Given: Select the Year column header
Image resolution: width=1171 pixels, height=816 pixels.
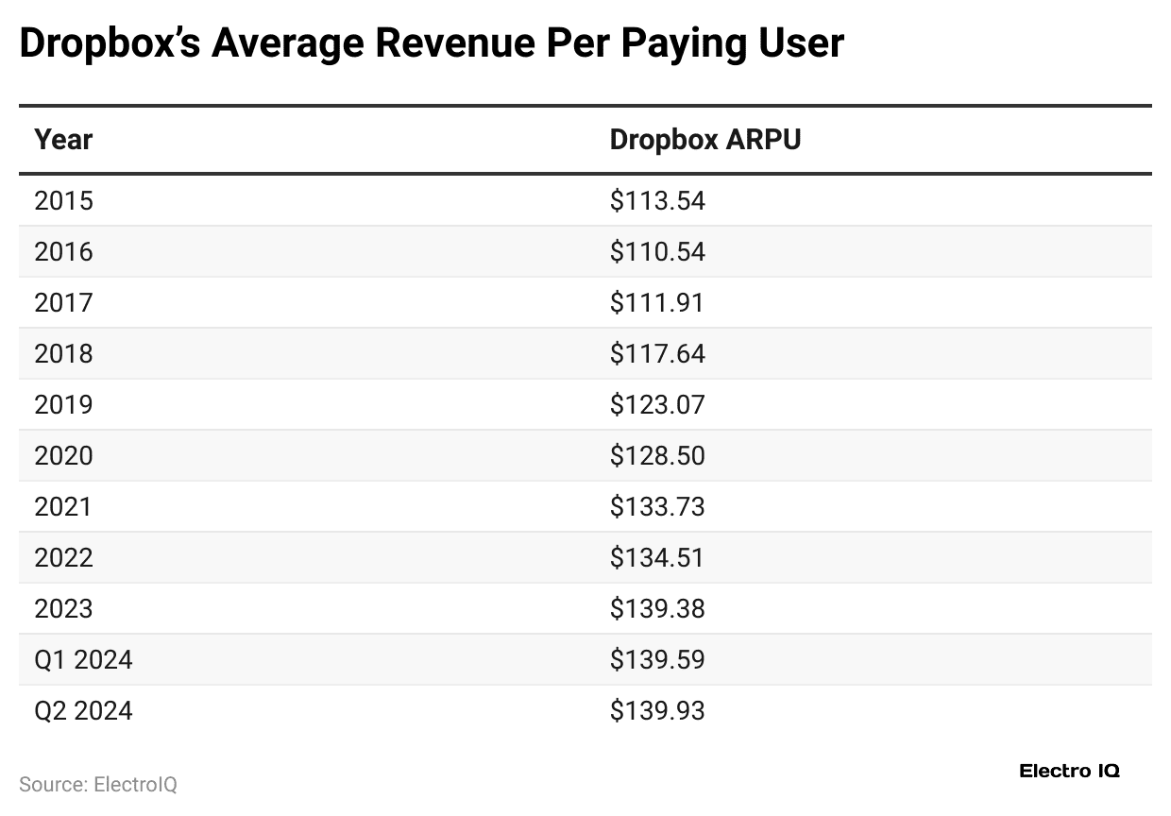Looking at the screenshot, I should tap(63, 140).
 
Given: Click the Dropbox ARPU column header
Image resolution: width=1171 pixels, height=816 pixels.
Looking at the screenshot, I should tap(704, 140).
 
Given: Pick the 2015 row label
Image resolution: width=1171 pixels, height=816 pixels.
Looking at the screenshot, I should tap(63, 201).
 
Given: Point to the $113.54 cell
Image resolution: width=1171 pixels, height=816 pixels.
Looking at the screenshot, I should tap(657, 201).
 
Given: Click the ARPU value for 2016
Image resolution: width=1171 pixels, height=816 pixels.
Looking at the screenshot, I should tap(657, 252).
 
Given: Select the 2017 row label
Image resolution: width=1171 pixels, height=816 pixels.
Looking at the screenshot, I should tap(63, 303).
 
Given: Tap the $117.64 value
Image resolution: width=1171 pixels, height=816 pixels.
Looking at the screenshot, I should tap(657, 354).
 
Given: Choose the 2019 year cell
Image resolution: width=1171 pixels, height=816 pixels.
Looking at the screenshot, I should tap(63, 405).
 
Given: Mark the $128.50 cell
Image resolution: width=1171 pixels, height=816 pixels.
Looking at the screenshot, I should tap(657, 456).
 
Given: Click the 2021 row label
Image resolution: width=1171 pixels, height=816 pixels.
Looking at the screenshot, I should tap(63, 507).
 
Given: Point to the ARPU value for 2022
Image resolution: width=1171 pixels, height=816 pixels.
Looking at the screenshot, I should tap(657, 558).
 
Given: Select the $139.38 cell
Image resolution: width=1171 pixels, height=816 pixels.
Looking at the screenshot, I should tap(657, 609).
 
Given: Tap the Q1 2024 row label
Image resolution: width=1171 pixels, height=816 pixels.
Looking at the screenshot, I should tap(83, 659).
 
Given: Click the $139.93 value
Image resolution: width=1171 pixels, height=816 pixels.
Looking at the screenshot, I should tap(657, 710).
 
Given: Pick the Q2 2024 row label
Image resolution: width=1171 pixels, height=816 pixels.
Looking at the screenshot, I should tap(83, 710).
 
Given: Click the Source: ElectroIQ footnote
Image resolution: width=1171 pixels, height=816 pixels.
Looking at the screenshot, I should tap(98, 785).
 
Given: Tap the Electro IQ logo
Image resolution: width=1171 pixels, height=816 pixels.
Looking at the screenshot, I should tap(1069, 771).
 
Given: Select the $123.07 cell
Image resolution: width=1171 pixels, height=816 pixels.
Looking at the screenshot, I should tap(657, 405).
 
